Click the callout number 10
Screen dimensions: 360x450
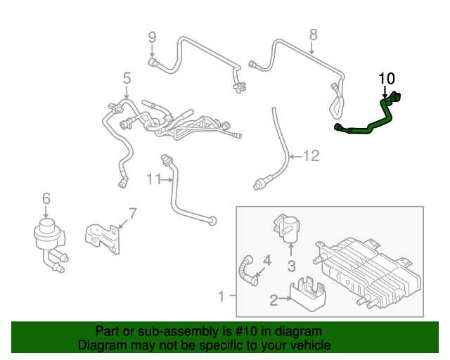pyautogui.click(x=387, y=78)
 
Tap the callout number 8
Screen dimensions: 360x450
pyautogui.click(x=314, y=34)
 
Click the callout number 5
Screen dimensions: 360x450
pyautogui.click(x=127, y=77)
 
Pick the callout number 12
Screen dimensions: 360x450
pyautogui.click(x=311, y=156)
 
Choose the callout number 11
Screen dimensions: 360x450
pyautogui.click(x=155, y=180)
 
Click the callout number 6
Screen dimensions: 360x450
pyautogui.click(x=46, y=199)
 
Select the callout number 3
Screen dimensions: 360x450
pyautogui.click(x=290, y=265)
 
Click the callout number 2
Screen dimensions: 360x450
pyautogui.click(x=274, y=300)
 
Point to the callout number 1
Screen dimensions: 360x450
pyautogui.click(x=221, y=297)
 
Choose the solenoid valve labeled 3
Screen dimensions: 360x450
pyautogui.click(x=287, y=229)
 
